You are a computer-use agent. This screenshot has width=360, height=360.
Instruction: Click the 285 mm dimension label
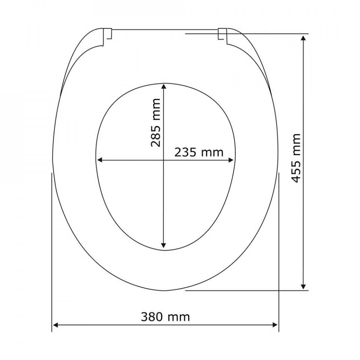tap(155, 123)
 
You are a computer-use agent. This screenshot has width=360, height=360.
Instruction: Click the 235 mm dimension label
tap(199, 152)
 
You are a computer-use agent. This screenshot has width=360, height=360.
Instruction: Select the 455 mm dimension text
tap(296, 158)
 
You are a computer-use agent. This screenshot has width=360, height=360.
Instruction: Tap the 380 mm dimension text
tap(165, 317)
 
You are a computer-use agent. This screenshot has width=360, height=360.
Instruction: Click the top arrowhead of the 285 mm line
tap(163, 86)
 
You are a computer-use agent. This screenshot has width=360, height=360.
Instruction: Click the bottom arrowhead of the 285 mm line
tap(163, 245)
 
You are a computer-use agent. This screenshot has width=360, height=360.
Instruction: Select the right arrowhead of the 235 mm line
tap(230, 160)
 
